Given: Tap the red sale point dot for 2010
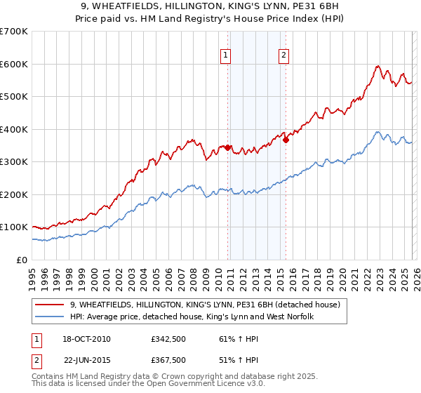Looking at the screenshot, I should [228, 148].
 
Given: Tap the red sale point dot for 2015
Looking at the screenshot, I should [286, 140].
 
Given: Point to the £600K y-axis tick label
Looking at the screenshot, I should [14, 64].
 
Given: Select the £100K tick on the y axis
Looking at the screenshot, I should [14, 227].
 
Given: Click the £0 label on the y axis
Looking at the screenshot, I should [21, 260].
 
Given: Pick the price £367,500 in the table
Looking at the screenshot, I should [168, 360].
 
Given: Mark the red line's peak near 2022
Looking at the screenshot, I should [377, 67].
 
